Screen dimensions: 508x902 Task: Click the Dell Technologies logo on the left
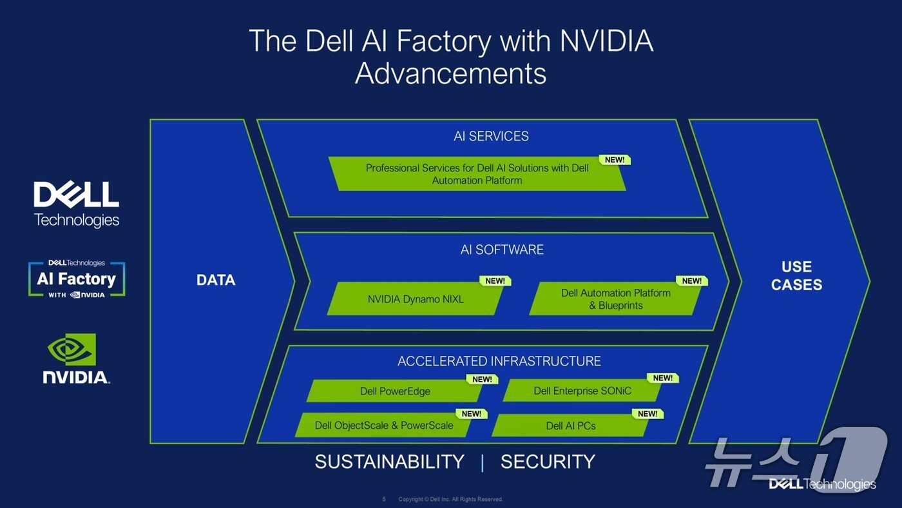(76, 204)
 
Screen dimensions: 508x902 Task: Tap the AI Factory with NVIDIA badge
(76, 279)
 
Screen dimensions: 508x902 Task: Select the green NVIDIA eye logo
(72, 349)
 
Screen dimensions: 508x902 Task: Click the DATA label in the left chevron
(216, 280)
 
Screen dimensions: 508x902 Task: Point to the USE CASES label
(796, 276)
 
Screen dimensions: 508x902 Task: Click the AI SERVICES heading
(491, 136)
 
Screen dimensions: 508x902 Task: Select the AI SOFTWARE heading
(502, 249)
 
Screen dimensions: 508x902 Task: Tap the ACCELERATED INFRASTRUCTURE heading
(499, 361)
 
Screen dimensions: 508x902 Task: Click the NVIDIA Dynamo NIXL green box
(416, 300)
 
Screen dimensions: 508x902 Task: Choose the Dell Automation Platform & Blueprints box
(615, 299)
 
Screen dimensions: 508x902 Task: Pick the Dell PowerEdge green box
(395, 391)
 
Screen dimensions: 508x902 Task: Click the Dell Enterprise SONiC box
(582, 391)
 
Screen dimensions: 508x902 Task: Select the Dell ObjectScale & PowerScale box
(384, 425)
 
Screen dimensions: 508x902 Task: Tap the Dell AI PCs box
(571, 425)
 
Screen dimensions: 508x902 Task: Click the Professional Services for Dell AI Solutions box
(477, 174)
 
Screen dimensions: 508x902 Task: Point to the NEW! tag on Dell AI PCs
(648, 414)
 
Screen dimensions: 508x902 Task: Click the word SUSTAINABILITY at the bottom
(389, 462)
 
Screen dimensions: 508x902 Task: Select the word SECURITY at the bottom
(548, 462)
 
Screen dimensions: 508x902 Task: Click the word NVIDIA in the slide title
(606, 41)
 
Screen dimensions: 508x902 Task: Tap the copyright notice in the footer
(450, 500)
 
